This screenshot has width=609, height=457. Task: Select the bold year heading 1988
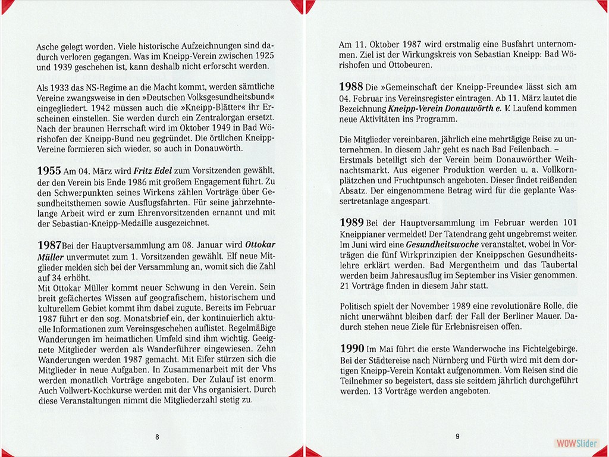pyautogui.click(x=351, y=87)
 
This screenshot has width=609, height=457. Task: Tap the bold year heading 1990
pyautogui.click(x=351, y=348)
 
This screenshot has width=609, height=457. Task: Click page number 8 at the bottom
pyautogui.click(x=157, y=436)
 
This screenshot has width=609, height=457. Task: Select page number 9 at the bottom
pyautogui.click(x=457, y=436)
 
